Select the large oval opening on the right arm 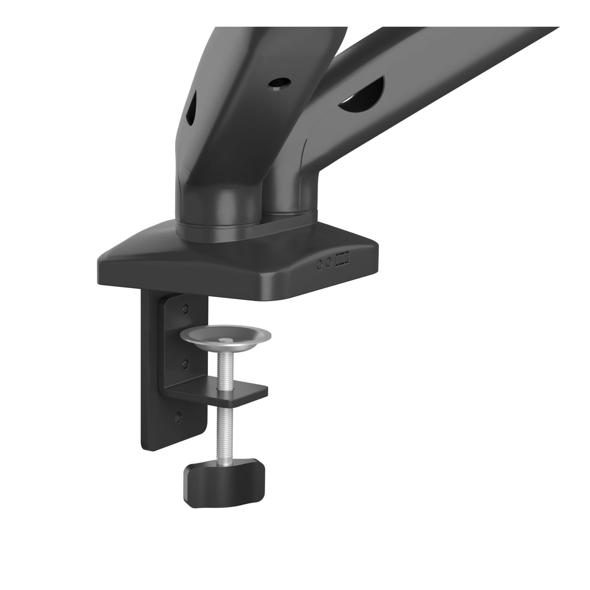tap(363, 94)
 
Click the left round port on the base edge tap(319, 264)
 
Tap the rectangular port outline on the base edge tap(342, 260)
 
